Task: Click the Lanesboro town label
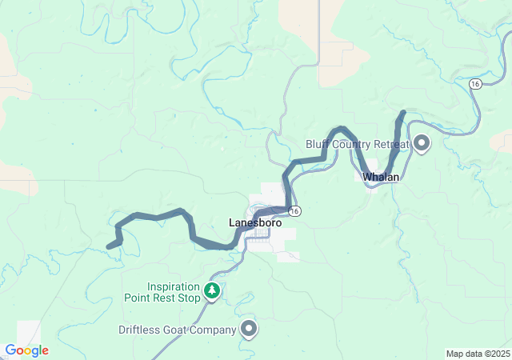[254, 223]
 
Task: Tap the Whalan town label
[381, 177]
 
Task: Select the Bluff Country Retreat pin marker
[421, 144]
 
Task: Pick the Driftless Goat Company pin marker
[250, 328]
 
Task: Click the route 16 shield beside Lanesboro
[296, 210]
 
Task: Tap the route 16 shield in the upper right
[475, 84]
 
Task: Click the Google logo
[26, 350]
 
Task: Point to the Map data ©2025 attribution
[477, 354]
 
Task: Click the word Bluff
[318, 145]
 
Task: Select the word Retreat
[390, 145]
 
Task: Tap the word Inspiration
[173, 286]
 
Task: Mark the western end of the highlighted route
[109, 246]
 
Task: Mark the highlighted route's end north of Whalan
[403, 113]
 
